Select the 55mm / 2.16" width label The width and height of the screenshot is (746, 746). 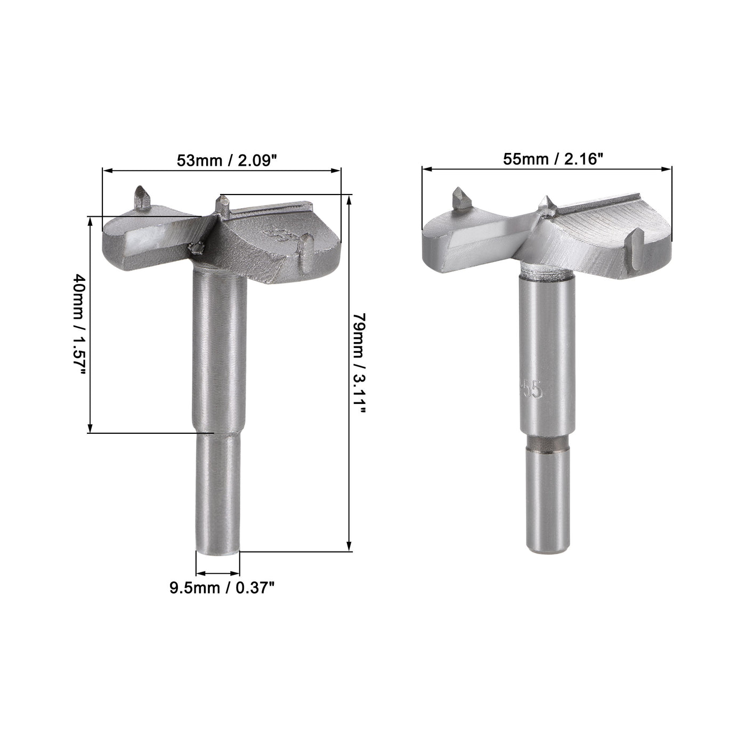point(547,159)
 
